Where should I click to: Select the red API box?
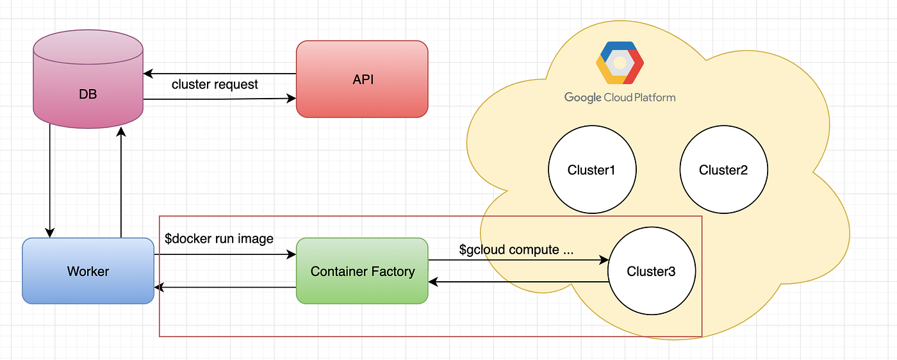coord(362,79)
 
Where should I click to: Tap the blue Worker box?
coord(88,271)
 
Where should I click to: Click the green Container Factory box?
coord(362,271)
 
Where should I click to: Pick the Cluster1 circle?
coord(591,170)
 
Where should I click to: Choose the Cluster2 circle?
coord(723,170)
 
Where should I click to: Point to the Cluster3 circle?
coord(651,272)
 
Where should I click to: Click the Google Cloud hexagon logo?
coord(620,63)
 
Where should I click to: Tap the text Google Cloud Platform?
coord(620,97)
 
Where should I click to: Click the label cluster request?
coord(215,85)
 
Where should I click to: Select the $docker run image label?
coord(219,239)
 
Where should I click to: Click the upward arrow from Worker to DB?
coord(121,183)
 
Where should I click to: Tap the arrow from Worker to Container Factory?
coord(225,255)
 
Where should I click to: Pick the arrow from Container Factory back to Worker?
coord(225,288)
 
